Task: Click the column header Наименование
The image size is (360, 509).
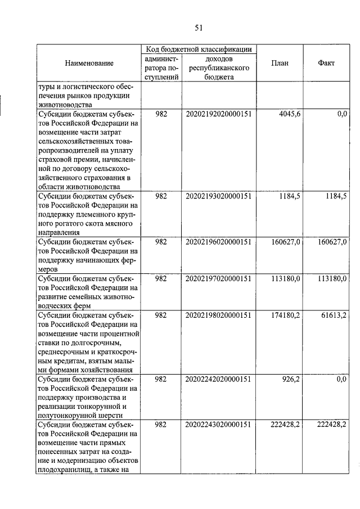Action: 89,64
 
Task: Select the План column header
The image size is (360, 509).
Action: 280,64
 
